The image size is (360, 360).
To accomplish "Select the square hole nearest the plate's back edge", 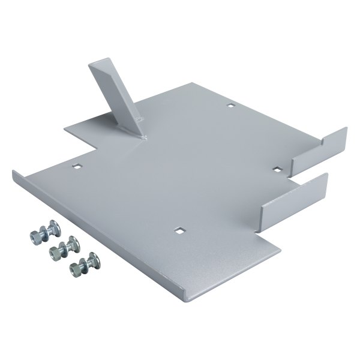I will (x=230, y=106).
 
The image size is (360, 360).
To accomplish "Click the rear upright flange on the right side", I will (x=318, y=151).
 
